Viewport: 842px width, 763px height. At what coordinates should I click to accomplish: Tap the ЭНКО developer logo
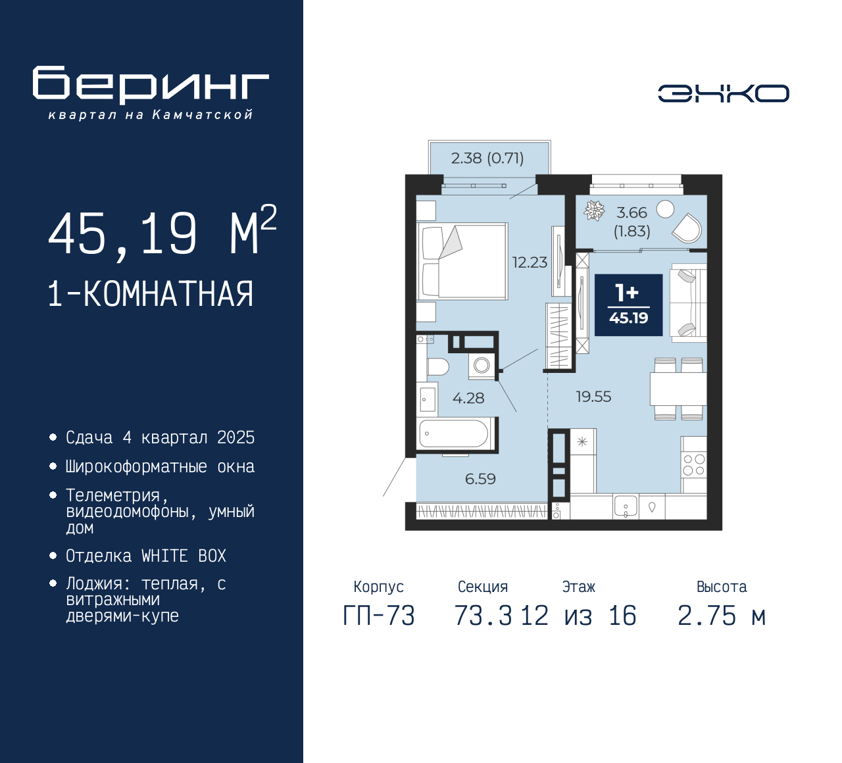coord(723,93)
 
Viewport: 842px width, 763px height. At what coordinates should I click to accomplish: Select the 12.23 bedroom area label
coord(530,262)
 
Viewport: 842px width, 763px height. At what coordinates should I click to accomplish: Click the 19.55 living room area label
coord(593,397)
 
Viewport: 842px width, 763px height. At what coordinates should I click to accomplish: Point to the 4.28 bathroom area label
coord(468,398)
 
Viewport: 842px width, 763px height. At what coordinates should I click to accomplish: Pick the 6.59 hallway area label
coord(480,479)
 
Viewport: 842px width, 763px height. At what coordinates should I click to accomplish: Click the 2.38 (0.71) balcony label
coord(487,159)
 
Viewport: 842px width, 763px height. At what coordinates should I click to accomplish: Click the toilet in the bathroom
coord(437,367)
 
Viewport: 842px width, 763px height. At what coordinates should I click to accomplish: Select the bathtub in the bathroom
coord(454,433)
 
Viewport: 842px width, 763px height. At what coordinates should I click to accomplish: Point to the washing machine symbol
coord(482,366)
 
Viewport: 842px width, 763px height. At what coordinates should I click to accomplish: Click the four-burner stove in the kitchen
coord(694,464)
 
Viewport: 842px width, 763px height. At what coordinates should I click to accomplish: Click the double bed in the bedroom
coord(462,261)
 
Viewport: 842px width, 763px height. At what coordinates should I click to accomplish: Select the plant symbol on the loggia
coord(594,210)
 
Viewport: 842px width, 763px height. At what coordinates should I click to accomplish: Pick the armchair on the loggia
coord(687,228)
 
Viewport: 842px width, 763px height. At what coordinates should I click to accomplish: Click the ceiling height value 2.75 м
coord(722,616)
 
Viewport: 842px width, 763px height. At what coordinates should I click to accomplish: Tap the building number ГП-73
coord(379,616)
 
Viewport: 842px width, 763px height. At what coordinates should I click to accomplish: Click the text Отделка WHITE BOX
coord(145,556)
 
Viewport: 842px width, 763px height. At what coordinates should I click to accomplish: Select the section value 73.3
coord(483,616)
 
